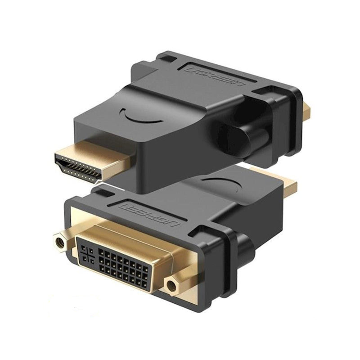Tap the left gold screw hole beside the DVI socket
tap(61, 242)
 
